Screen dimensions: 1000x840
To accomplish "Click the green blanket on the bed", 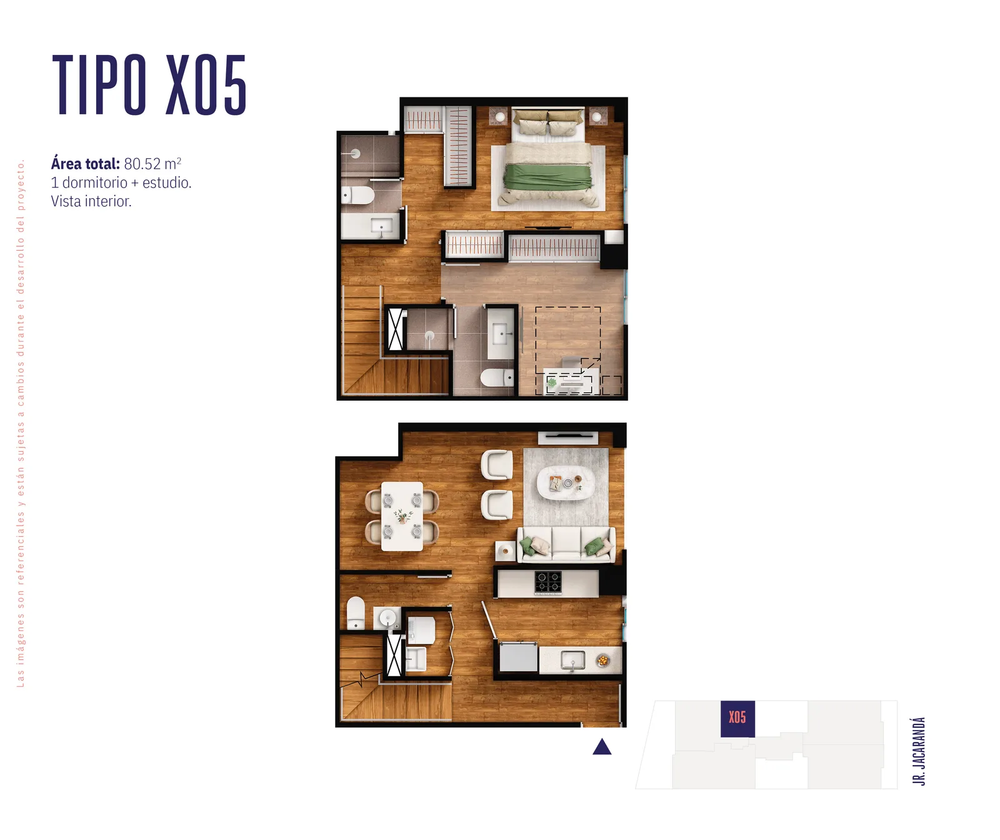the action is (547, 176).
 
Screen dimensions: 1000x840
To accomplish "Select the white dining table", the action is (402, 516).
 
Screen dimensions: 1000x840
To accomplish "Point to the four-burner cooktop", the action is (548, 582).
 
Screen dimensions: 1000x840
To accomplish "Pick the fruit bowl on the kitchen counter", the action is (602, 660).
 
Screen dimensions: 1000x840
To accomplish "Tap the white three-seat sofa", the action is (566, 544).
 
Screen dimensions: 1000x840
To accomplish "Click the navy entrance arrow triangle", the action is (602, 746).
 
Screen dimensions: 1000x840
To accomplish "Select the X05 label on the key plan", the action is (737, 717).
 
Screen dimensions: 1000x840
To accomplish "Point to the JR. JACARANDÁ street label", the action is (918, 751).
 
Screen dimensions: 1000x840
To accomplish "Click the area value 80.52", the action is (142, 164).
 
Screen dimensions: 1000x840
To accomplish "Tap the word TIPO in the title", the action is (99, 85).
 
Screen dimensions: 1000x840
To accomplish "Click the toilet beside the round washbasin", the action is (356, 612).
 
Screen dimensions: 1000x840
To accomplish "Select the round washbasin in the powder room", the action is (387, 618).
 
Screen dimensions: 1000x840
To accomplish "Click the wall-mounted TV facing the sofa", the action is (567, 437).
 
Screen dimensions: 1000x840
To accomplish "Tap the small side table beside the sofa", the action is (505, 551).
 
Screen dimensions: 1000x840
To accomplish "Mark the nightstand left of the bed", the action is (498, 116).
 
